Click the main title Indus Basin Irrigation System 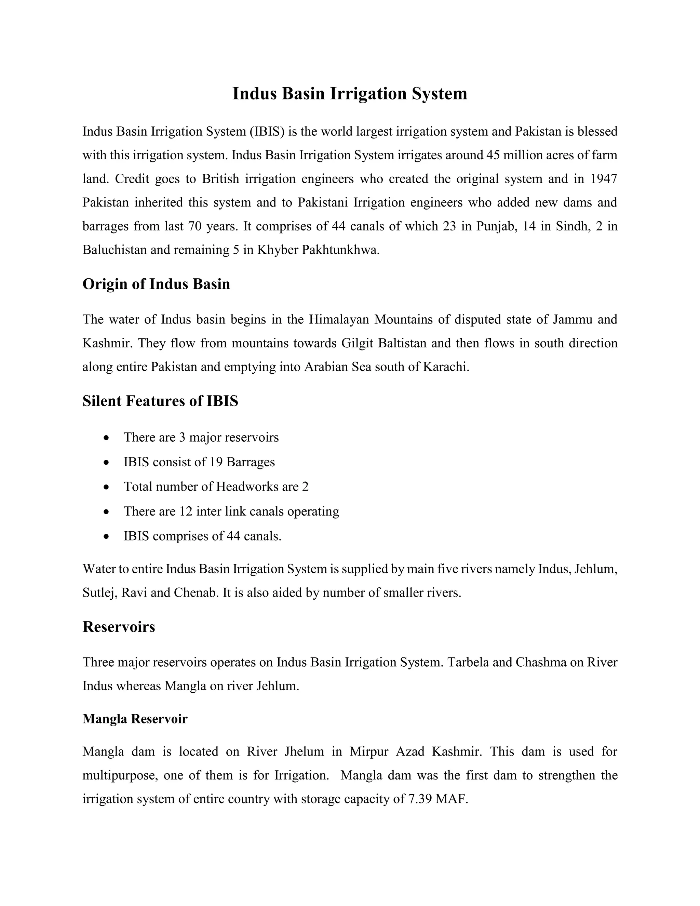350,93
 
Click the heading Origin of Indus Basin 156,284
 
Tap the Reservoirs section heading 119,626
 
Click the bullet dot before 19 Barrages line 107,462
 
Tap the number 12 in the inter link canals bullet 186,511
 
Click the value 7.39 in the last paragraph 420,799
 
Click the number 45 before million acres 493,155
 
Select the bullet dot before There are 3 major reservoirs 107,438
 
